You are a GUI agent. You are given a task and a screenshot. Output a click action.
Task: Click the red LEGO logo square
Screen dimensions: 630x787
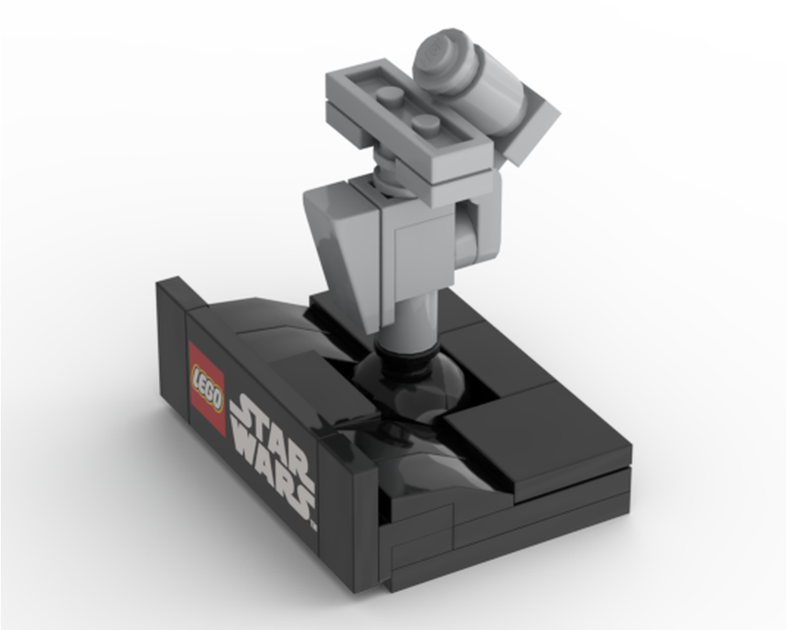point(207,388)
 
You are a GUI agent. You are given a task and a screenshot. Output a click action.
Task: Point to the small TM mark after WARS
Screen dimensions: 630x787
point(313,523)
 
